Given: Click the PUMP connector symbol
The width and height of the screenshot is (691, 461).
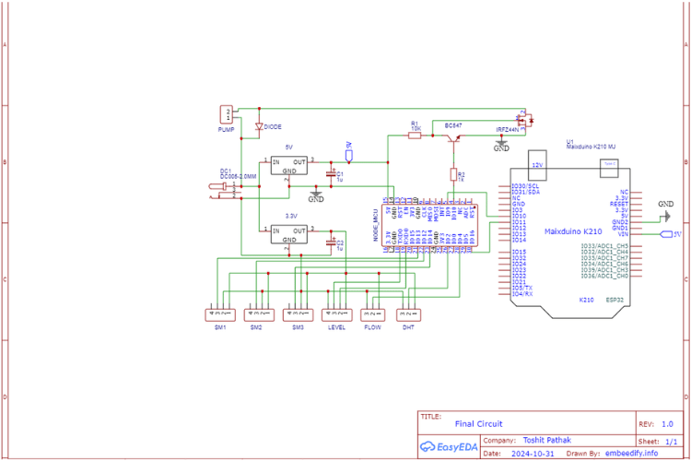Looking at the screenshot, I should click(x=226, y=115).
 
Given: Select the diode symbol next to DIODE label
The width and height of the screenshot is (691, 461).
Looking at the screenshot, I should click(x=259, y=125).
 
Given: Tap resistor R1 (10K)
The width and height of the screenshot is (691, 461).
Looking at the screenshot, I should click(x=415, y=136).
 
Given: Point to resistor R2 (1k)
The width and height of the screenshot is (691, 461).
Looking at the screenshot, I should click(x=453, y=173).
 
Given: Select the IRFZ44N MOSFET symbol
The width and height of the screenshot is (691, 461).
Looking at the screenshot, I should click(x=524, y=120).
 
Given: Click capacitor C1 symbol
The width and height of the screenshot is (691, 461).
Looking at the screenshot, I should click(x=331, y=172).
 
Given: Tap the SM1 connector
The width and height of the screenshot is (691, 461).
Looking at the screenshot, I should click(x=220, y=313).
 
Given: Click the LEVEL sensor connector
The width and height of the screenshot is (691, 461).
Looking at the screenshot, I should click(x=337, y=313).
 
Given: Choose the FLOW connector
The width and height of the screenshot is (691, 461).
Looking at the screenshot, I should click(x=373, y=313).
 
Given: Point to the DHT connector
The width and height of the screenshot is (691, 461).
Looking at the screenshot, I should click(x=408, y=313).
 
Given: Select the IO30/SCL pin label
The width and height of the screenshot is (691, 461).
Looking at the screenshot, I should click(x=524, y=185).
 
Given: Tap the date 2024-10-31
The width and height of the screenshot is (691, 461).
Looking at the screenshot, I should click(x=534, y=453).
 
